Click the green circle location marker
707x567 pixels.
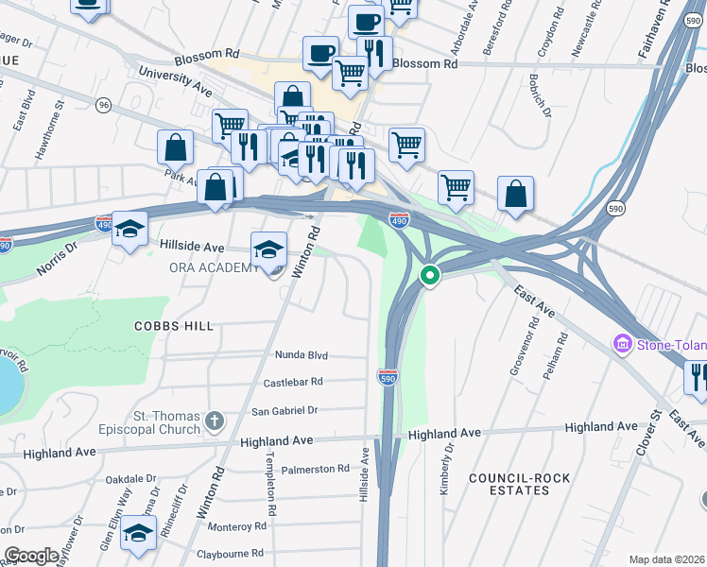429,276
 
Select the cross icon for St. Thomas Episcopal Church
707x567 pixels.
215,419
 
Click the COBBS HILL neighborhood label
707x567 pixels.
175,325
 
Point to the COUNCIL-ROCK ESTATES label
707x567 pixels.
520,484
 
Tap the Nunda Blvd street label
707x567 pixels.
301,355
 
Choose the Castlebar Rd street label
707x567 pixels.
293,382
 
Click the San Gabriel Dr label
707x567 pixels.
284,411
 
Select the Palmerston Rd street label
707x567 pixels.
313,469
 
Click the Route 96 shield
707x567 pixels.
103,105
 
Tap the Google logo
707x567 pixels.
31,556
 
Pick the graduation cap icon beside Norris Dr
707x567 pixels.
129,229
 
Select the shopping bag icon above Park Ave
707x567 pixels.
176,147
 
